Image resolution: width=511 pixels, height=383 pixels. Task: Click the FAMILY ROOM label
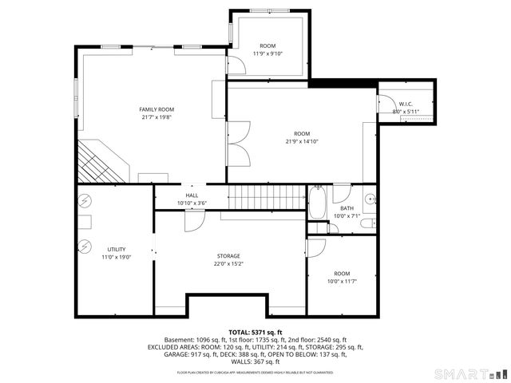click(x=156, y=109)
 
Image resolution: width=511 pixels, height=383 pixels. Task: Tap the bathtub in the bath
click(x=316, y=203)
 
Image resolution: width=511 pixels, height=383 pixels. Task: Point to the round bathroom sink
click(x=370, y=199)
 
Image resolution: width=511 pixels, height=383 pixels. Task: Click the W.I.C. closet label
click(x=406, y=104)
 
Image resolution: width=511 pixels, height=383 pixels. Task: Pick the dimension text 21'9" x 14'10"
click(x=301, y=141)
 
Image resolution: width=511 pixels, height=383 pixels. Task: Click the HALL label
click(x=192, y=195)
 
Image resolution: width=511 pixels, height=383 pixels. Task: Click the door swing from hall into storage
click(x=193, y=221)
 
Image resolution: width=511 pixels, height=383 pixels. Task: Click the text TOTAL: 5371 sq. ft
click(x=255, y=332)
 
